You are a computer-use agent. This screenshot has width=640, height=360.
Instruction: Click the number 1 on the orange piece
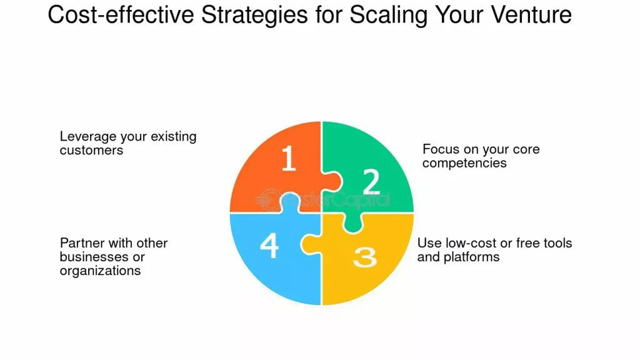pyautogui.click(x=288, y=158)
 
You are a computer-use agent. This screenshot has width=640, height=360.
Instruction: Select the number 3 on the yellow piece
pyautogui.click(x=365, y=257)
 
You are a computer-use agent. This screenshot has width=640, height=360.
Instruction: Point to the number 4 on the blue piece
pyautogui.click(x=269, y=246)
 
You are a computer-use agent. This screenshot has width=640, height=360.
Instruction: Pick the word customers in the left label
pyautogui.click(x=91, y=151)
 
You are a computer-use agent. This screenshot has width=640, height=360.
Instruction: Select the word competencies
pyautogui.click(x=464, y=163)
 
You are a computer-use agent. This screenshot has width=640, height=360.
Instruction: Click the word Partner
pyautogui.click(x=82, y=243)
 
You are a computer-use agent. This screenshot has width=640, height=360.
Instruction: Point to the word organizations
pyautogui.click(x=100, y=271)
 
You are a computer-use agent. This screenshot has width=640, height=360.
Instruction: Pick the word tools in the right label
pyautogui.click(x=558, y=243)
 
